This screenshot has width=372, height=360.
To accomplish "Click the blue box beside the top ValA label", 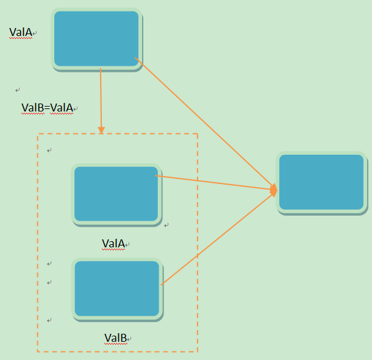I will (x=96, y=38).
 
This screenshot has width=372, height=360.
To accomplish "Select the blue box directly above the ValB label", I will (x=117, y=289).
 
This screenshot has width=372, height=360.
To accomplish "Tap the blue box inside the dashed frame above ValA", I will (x=116, y=194).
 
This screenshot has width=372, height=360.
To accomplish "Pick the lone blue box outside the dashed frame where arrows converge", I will (x=321, y=182).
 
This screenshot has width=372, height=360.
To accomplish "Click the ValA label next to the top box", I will (x=21, y=32).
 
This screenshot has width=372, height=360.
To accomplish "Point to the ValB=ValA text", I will (x=47, y=108).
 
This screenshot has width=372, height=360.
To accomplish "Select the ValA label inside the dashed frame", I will (x=113, y=244).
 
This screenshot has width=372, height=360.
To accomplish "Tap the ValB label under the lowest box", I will (x=115, y=338).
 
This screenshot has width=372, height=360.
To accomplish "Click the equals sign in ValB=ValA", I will (x=47, y=108).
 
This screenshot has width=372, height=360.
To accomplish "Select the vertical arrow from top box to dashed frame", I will (x=101, y=97).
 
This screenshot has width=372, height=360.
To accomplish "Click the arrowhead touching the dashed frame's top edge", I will (x=101, y=130).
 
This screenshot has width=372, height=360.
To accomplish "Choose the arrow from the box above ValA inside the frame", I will (x=213, y=183).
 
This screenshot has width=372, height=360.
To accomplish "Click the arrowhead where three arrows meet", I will (x=274, y=191).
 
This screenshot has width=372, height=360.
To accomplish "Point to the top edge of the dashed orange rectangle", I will (x=146, y=134).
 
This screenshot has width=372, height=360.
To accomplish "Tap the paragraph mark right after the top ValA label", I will (x=35, y=33).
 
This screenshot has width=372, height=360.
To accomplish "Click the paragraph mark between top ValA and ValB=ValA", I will (x=18, y=90).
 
